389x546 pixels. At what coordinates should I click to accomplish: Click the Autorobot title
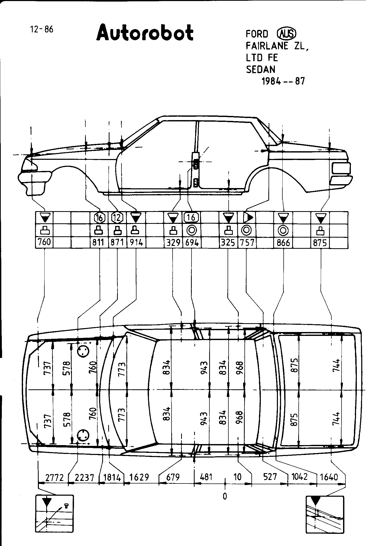(145, 33)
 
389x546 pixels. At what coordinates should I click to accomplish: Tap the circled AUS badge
(286, 33)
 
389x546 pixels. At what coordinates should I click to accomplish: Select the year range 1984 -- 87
(283, 81)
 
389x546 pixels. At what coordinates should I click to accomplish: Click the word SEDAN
(261, 69)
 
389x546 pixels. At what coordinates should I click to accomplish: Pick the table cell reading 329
(173, 243)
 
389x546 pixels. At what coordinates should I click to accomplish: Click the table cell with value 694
(192, 243)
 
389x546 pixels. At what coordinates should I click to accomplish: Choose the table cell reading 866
(283, 243)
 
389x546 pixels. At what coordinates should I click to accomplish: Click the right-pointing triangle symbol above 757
(247, 218)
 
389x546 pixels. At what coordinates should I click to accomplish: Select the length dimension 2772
(54, 477)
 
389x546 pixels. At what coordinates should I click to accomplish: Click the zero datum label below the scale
(225, 496)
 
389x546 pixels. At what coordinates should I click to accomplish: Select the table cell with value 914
(136, 243)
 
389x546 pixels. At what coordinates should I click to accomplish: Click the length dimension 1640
(329, 477)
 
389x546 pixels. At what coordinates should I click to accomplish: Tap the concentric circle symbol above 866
(283, 230)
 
